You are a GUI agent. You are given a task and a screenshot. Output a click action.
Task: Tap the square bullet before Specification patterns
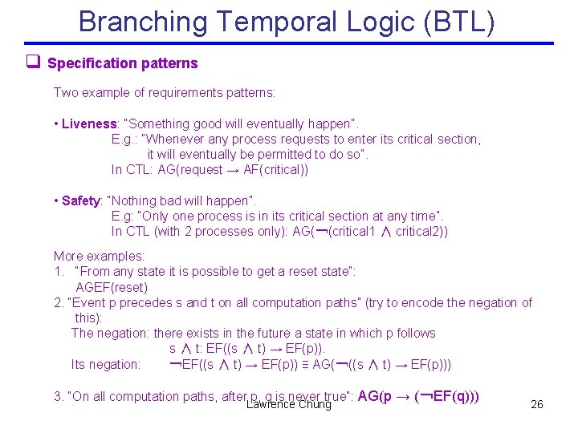[x=33, y=63]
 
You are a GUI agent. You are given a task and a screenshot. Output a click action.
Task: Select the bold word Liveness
[x=89, y=123]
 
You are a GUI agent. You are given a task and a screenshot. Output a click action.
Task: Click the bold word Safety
[x=81, y=200]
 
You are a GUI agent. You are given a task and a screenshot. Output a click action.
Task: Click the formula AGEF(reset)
[x=112, y=287]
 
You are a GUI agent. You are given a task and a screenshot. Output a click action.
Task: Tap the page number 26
[x=537, y=404]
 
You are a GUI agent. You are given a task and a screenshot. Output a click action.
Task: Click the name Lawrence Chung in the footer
[x=289, y=404]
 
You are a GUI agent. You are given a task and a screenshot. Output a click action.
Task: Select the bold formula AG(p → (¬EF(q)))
[x=418, y=395]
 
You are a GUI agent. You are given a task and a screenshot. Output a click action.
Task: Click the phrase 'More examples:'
[x=99, y=257]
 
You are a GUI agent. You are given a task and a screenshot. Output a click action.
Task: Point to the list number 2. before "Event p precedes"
[x=59, y=302]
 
